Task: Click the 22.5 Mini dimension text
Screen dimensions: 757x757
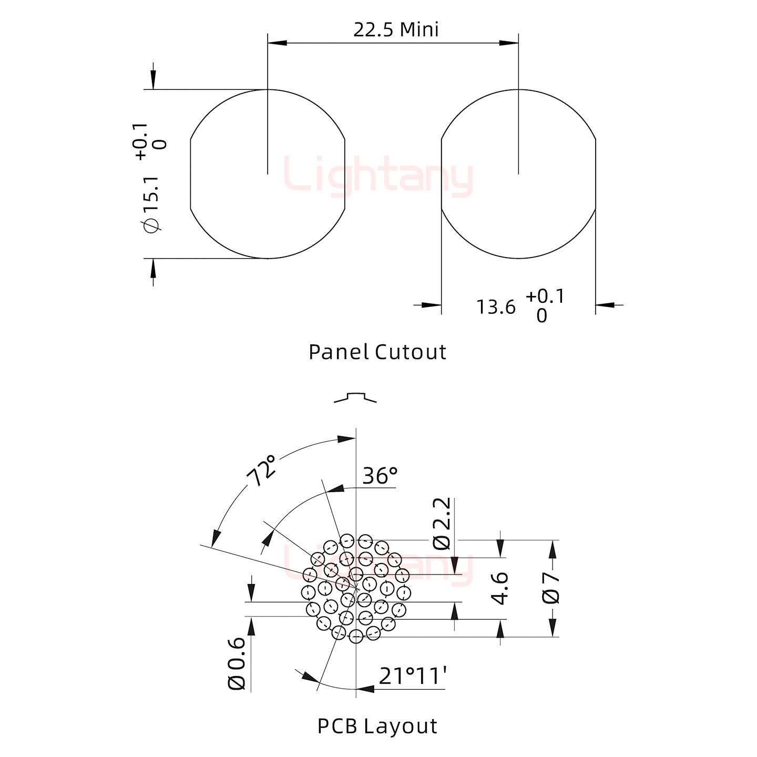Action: click(x=396, y=30)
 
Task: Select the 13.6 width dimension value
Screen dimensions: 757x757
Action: click(x=496, y=307)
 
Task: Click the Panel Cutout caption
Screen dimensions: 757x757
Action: click(x=377, y=352)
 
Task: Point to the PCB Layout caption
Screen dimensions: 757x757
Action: click(x=377, y=726)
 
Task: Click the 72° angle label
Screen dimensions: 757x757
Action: click(x=261, y=471)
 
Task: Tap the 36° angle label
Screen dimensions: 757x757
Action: click(x=380, y=476)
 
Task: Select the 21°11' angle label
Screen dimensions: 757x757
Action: click(x=413, y=676)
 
